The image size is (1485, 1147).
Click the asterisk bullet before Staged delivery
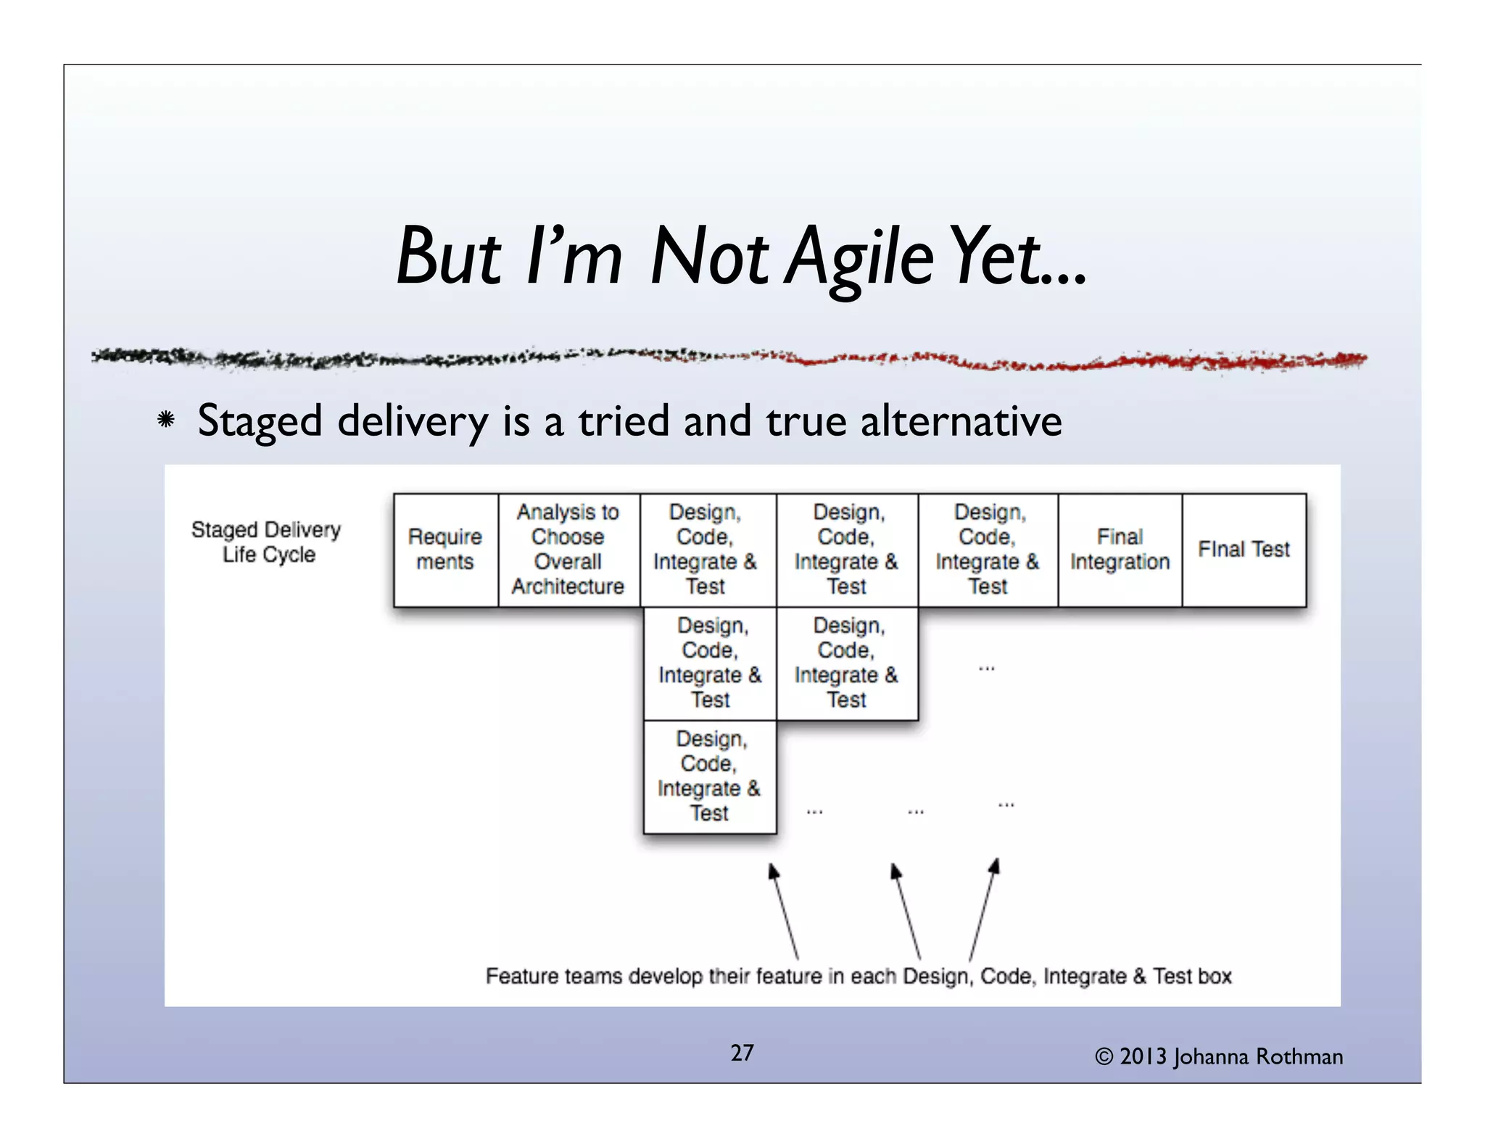[x=166, y=420]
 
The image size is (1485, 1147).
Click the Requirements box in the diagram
[x=445, y=550]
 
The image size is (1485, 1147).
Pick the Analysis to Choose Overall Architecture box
[x=568, y=550]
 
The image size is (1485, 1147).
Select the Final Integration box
[x=1120, y=550]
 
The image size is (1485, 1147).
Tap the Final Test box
[x=1244, y=550]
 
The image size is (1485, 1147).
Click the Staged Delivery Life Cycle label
[x=266, y=542]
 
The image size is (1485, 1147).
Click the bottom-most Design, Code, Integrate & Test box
[x=709, y=776]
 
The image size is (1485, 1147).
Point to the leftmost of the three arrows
[x=785, y=911]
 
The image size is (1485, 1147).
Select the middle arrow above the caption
[x=906, y=911]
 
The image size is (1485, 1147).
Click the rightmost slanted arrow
[x=984, y=909]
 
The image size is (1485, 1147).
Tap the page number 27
[x=742, y=1053]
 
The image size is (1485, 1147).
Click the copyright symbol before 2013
[x=1104, y=1057]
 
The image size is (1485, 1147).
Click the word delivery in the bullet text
[x=413, y=421]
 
